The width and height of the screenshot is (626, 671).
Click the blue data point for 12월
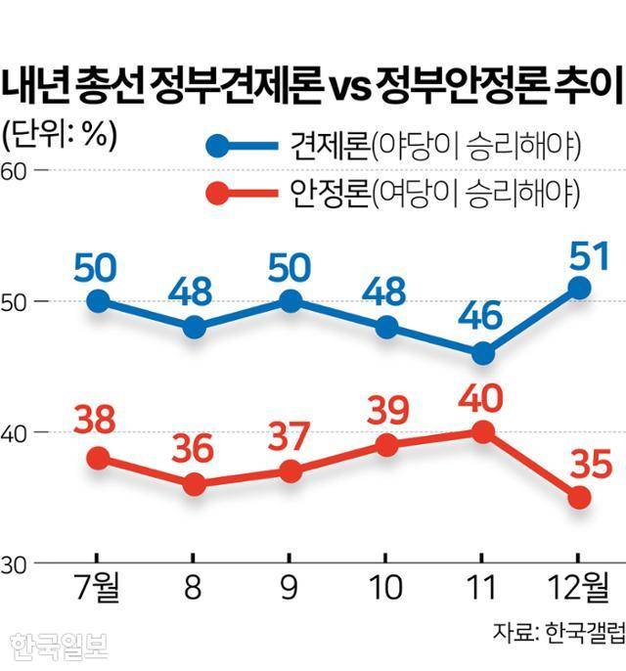(x=579, y=288)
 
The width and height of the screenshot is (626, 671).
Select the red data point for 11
(x=482, y=431)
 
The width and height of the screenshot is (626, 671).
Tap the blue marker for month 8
(x=194, y=328)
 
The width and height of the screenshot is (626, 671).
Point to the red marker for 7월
(x=98, y=458)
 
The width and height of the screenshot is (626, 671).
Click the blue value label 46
(x=482, y=317)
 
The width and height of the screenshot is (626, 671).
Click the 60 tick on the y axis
(x=14, y=170)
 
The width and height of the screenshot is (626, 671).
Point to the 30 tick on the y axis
(x=14, y=563)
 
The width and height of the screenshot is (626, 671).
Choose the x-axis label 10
(x=386, y=590)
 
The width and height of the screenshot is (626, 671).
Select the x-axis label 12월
(x=578, y=590)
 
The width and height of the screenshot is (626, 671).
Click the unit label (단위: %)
(x=60, y=135)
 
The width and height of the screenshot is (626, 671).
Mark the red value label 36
(x=194, y=451)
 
